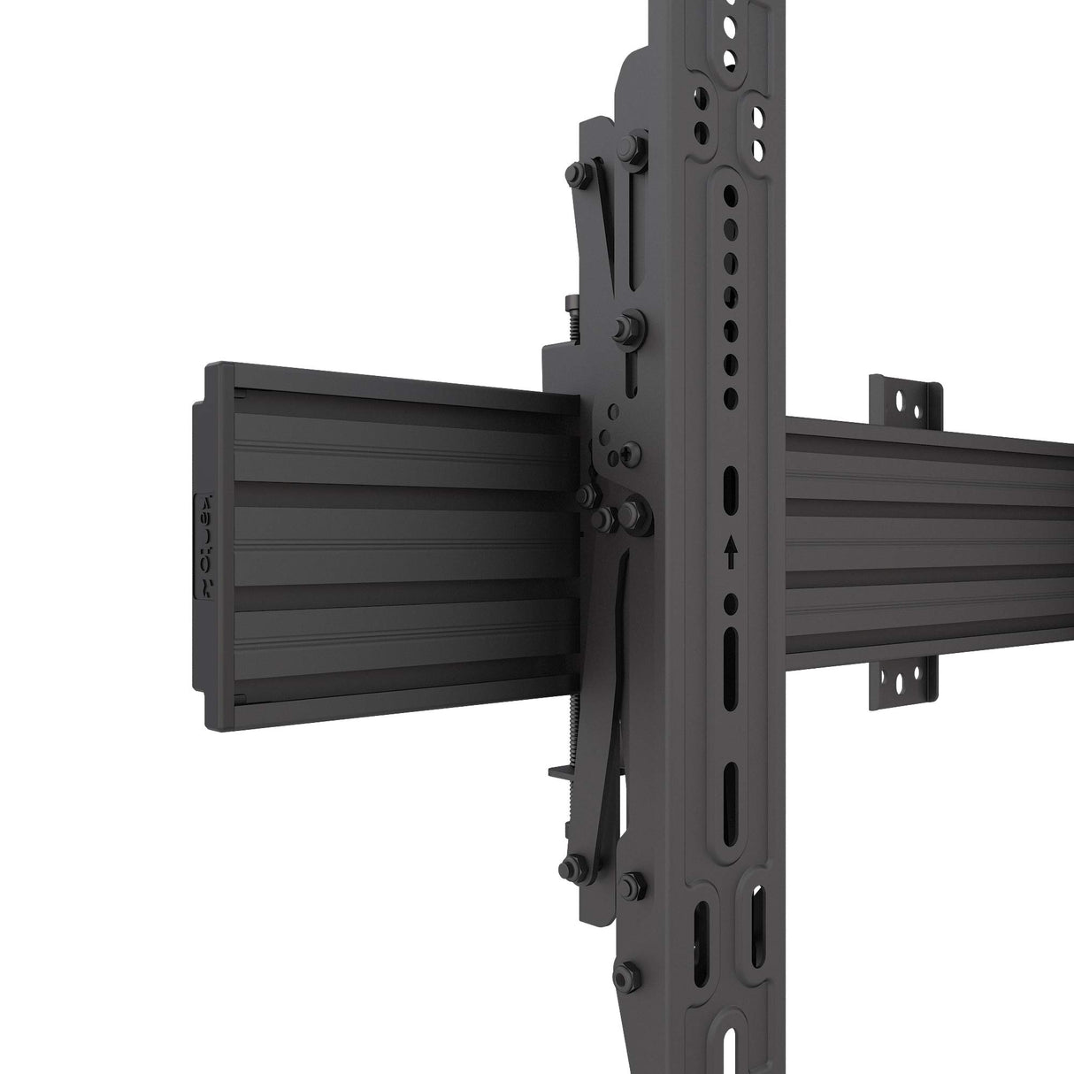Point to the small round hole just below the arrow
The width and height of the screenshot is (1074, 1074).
pos(731,604)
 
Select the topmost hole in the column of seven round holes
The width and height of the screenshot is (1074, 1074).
pos(731,192)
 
